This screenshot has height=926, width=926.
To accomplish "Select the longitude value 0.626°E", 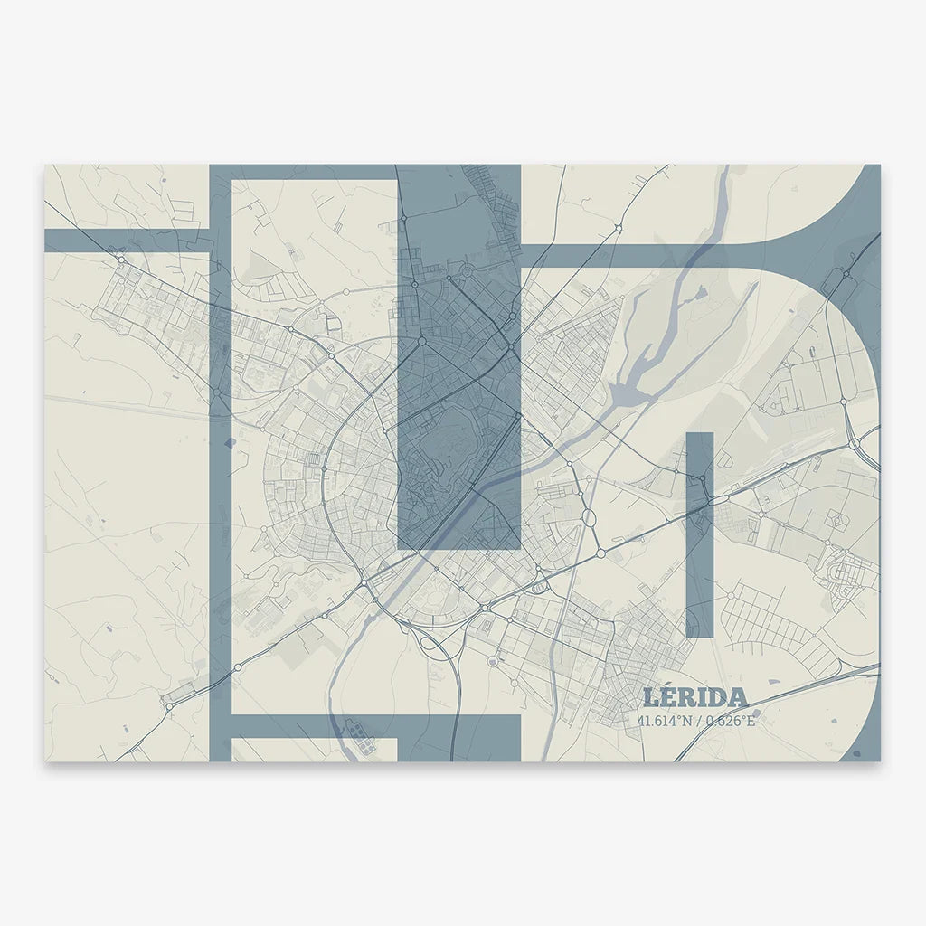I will point(724,721).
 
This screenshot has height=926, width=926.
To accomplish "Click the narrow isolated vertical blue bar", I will point(700,534).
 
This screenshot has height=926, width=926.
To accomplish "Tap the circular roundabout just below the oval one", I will point(600,552).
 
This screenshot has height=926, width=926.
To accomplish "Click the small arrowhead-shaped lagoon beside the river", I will point(699,292).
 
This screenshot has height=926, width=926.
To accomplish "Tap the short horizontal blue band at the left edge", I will point(127,241).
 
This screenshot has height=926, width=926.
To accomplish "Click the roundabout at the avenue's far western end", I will point(121,260).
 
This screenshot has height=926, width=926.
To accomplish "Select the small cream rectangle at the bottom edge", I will point(314,749).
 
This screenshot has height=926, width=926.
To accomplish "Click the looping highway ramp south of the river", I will point(432,645).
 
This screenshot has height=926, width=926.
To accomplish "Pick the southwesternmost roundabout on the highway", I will point(168,704).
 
